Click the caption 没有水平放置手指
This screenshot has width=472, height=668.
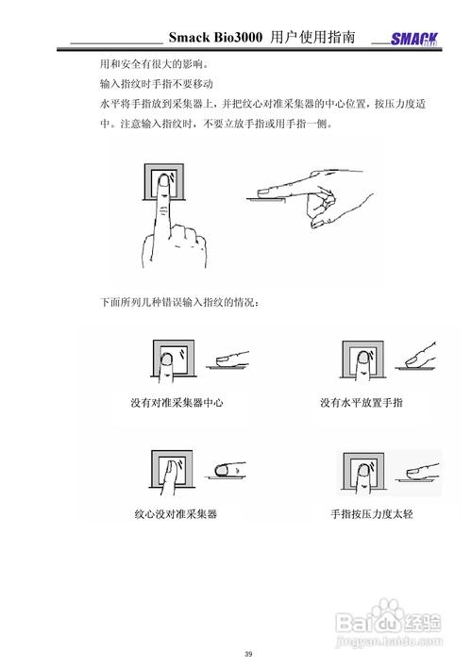pyautogui.click(x=362, y=402)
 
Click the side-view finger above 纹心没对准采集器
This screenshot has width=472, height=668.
pyautogui.click(x=228, y=469)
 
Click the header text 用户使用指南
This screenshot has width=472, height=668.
pyautogui.click(x=312, y=38)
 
